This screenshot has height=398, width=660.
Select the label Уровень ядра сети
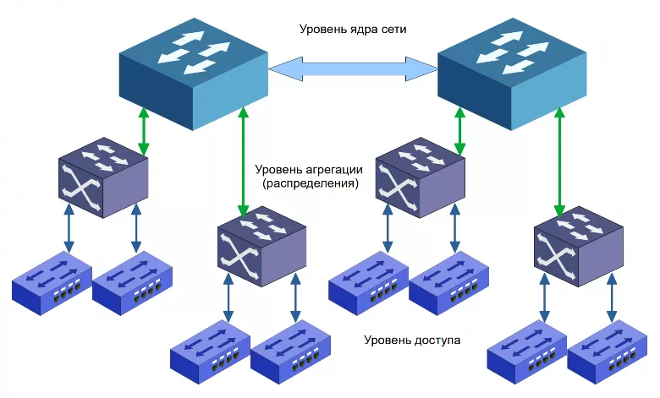pyautogui.click(x=354, y=29)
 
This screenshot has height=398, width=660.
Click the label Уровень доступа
pyautogui.click(x=412, y=341)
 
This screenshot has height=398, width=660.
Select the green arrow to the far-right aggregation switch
pyautogui.click(x=560, y=161)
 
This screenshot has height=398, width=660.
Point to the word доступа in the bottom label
pyautogui.click(x=437, y=341)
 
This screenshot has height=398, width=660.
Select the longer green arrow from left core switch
pyautogui.click(x=244, y=161)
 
